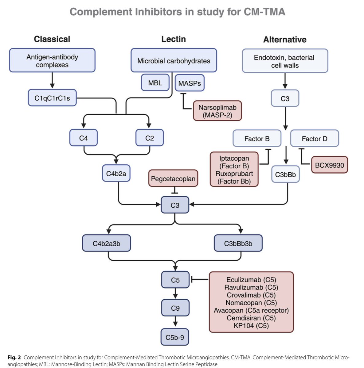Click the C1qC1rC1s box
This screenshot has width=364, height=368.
tap(52, 98)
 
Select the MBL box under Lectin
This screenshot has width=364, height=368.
tap(155, 83)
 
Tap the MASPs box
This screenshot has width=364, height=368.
tap(190, 83)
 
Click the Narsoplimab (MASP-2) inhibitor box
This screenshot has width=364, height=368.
tap(217, 111)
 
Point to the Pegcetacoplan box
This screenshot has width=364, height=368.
tap(173, 178)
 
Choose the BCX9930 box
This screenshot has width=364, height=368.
tap(329, 165)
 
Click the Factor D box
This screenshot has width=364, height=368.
tap(315, 139)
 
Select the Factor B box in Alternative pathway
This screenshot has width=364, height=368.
tap(257, 139)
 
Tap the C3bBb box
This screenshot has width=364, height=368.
tap(285, 174)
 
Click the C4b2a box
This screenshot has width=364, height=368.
tap(116, 174)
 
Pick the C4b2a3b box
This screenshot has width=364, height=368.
tap(106, 243)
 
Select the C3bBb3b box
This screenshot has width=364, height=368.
tap(238, 243)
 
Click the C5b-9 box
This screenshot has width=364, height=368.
tap(175, 337)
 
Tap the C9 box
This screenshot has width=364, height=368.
tap(175, 308)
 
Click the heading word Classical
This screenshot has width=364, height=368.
tap(52, 39)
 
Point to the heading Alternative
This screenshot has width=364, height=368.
tap(285, 40)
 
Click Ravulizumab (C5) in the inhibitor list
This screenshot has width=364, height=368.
tap(251, 287)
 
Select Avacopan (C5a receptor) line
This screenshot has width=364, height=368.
tap(251, 310)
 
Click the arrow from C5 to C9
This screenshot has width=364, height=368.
tap(175, 293)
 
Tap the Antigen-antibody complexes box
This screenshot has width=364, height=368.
tap(52, 61)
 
